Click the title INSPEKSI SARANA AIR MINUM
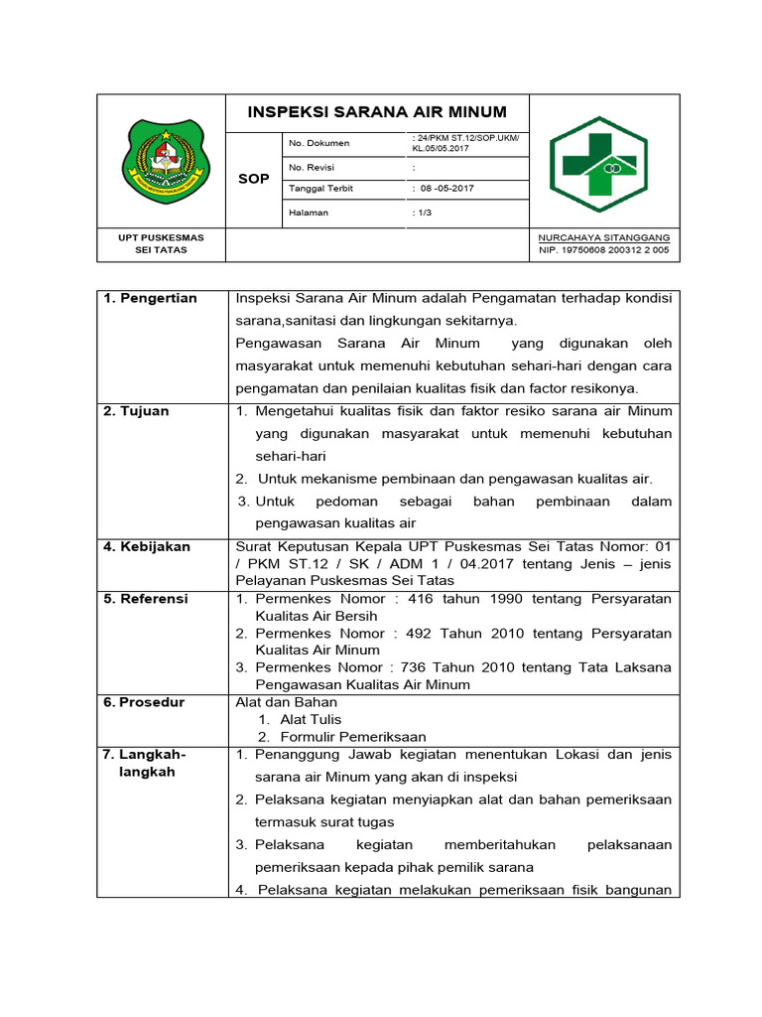(377, 112)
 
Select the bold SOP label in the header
(254, 179)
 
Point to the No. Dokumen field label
(318, 143)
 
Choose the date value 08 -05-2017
(446, 189)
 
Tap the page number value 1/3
(423, 213)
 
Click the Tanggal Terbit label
(320, 189)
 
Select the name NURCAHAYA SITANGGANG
(603, 238)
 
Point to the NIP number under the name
(603, 250)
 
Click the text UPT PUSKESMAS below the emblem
(161, 238)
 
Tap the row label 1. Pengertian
(150, 299)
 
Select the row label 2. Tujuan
(137, 411)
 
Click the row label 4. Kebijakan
(147, 546)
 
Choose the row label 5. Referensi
(146, 599)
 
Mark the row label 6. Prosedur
(144, 702)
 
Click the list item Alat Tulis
(310, 719)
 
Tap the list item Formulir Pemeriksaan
(352, 737)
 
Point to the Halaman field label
(308, 213)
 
